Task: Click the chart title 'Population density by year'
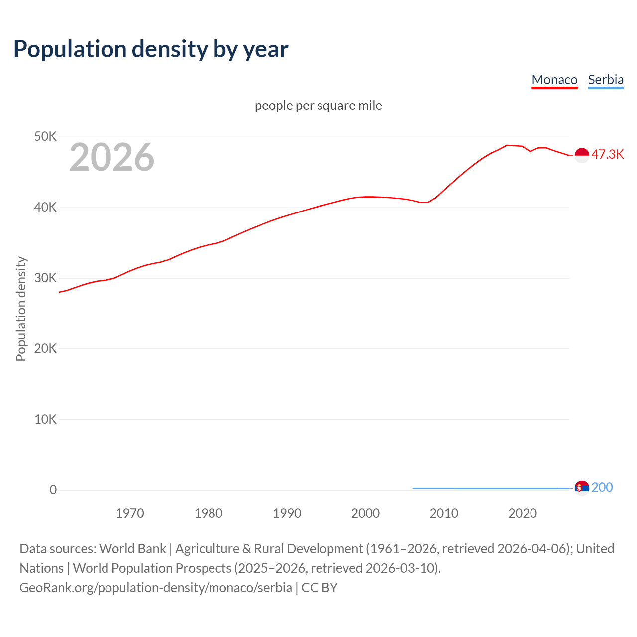pos(151,49)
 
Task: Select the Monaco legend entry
pos(554,80)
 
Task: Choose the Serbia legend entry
pos(606,80)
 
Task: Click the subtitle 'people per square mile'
pos(318,106)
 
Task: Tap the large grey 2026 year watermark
pos(112,157)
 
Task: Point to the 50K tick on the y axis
pos(45,136)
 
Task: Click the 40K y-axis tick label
pos(45,207)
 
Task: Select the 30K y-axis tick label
pos(45,278)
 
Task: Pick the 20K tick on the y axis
pos(45,348)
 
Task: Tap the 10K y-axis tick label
pos(45,419)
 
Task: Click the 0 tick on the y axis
pos(53,490)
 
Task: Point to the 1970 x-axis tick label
pos(130,513)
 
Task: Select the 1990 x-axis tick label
pos(287,513)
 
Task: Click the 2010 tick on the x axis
pos(444,513)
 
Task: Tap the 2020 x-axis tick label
pos(523,513)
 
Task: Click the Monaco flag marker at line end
pos(582,155)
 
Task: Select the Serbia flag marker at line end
pos(582,488)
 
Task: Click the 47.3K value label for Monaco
pos(608,154)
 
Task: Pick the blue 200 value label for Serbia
pos(602,487)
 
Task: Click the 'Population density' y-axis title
pos(21,309)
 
